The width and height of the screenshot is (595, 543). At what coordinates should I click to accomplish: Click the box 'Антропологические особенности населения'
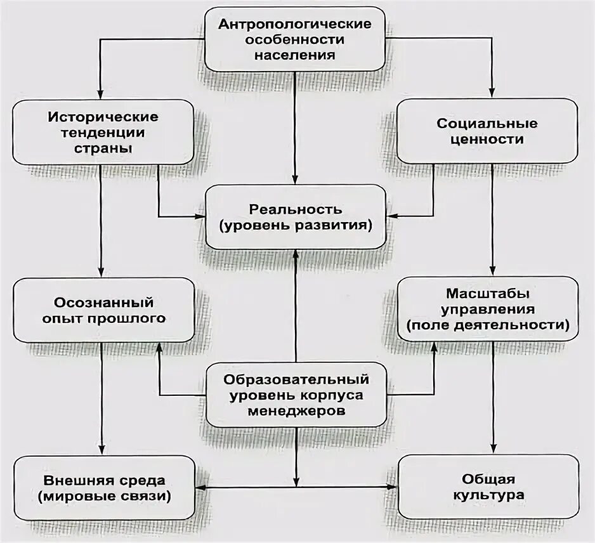click(294, 39)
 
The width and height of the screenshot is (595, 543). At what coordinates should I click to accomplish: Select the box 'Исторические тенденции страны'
click(102, 133)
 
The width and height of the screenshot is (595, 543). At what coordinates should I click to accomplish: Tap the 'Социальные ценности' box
click(488, 131)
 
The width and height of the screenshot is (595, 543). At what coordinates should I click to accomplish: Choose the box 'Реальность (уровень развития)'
click(295, 217)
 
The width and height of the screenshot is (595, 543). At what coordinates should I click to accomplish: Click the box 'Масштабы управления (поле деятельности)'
click(488, 309)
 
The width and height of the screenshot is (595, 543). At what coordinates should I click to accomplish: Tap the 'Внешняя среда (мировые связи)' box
click(103, 487)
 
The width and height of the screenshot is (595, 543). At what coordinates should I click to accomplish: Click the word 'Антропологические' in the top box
click(294, 24)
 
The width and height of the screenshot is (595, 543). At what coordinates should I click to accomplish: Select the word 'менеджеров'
click(296, 410)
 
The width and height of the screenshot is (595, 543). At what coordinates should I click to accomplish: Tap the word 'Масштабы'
click(488, 294)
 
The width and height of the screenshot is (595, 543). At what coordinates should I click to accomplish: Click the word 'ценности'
click(488, 139)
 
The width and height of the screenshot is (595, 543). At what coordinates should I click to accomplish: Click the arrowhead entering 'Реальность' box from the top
click(295, 180)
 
